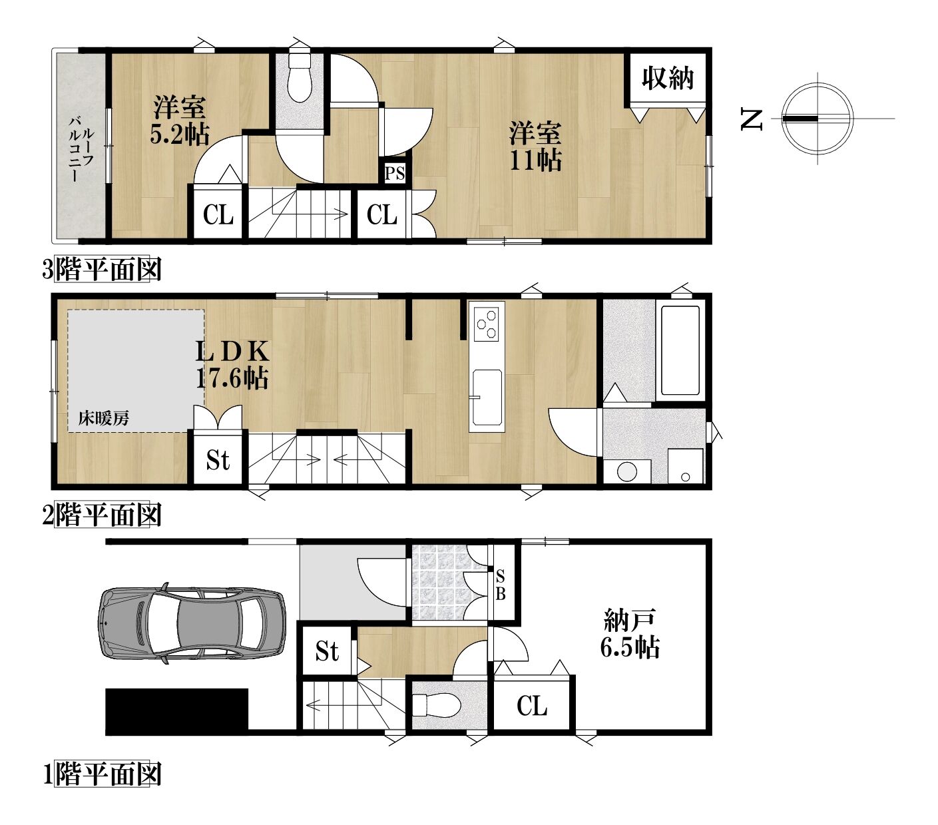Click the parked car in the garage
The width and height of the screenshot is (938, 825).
(192, 624)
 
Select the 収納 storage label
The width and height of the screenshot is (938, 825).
(668, 78)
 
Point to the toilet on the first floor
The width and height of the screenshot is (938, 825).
(436, 706)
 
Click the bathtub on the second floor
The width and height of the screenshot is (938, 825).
(680, 350)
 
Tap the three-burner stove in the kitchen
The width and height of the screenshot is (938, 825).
(486, 324)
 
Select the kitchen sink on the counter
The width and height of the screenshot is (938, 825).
(487, 397)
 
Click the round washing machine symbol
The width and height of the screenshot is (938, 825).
(626, 472)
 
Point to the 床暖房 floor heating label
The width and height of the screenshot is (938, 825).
(103, 419)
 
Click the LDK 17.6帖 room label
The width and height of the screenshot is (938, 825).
(232, 364)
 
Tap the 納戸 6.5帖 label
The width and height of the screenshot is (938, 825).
(630, 634)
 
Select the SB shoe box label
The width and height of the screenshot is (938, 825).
(500, 585)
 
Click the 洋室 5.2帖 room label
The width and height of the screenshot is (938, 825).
(180, 119)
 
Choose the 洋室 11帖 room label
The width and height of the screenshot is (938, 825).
(536, 146)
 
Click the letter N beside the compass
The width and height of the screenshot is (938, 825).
(752, 119)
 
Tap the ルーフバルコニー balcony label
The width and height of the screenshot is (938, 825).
(81, 148)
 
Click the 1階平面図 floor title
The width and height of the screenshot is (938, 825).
(102, 774)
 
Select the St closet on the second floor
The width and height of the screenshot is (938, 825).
(218, 459)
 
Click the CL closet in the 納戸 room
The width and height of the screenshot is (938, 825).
(532, 706)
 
